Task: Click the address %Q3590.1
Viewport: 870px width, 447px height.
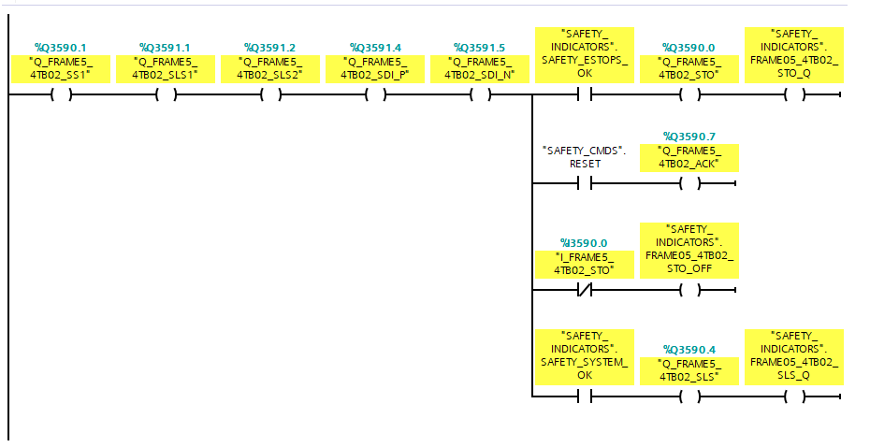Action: (61, 47)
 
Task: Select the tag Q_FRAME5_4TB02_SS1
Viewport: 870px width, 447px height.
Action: (61, 68)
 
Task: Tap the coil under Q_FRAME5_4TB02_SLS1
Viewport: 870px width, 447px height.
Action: (166, 94)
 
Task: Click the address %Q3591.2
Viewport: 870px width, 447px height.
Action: (269, 47)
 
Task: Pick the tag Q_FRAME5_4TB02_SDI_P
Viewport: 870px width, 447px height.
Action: (374, 68)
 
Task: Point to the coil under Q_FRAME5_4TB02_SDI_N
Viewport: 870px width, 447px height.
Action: (479, 94)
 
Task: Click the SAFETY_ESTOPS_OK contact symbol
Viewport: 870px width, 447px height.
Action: (585, 94)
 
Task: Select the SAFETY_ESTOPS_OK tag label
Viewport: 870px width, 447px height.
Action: (585, 54)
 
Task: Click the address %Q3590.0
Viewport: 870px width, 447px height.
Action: (689, 47)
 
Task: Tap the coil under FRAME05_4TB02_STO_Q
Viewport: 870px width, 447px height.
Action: (794, 94)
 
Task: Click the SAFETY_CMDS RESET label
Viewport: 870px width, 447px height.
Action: (585, 156)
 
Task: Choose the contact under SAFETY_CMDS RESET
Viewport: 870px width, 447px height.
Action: (585, 184)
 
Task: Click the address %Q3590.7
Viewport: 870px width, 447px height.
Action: (689, 137)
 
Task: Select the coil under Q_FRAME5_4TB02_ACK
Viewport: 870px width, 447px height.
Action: (689, 184)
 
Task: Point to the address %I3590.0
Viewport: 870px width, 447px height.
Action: (585, 243)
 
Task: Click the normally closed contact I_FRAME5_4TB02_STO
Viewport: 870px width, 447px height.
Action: (585, 290)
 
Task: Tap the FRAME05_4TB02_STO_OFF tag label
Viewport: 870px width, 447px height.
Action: (689, 249)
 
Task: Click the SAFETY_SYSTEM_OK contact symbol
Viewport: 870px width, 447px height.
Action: (585, 397)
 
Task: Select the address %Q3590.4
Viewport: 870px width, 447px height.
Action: (689, 350)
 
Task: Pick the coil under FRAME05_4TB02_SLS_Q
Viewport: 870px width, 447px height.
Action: (794, 397)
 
